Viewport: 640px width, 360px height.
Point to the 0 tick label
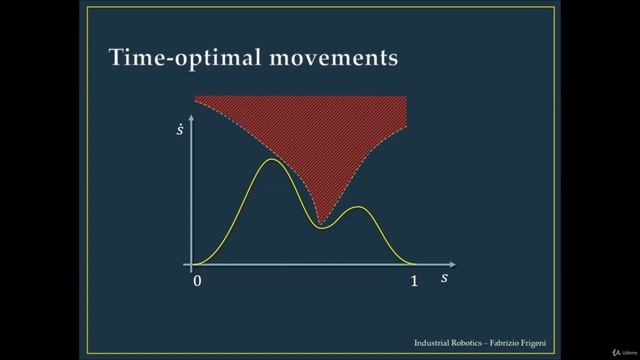click(x=197, y=281)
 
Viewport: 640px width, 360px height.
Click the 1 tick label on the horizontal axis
click(x=414, y=281)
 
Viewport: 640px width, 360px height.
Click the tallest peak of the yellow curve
click(x=270, y=160)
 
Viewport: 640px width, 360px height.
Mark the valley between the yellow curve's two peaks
click(x=320, y=228)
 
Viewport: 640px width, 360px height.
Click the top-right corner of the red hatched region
click(x=407, y=97)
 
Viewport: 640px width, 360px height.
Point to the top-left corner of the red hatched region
click(x=195, y=97)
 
